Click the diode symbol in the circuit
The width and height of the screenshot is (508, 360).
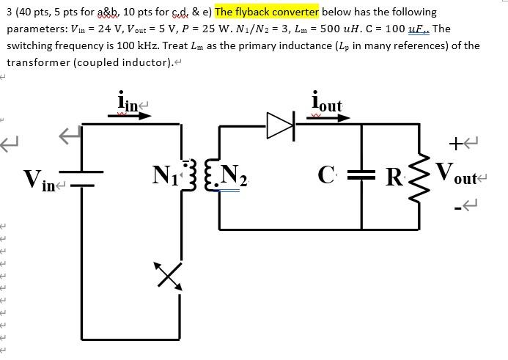[x=280, y=126]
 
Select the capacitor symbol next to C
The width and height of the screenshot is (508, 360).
[x=361, y=176]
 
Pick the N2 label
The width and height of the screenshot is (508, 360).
[x=233, y=177]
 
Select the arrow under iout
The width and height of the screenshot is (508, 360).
[x=323, y=117]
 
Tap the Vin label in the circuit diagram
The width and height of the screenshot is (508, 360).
[x=39, y=179]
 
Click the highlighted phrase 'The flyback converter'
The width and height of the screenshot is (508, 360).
[x=267, y=12]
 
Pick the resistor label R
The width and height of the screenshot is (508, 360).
[x=394, y=177]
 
